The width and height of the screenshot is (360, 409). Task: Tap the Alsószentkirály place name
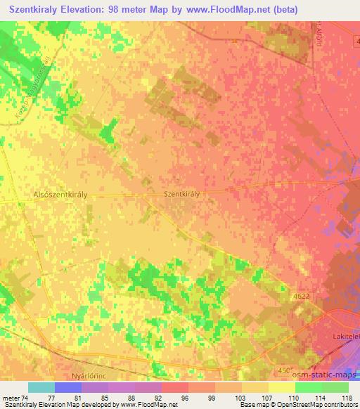[60, 196]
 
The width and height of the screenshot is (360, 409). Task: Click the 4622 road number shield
[302, 297]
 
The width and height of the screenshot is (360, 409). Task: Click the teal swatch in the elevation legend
[41, 387]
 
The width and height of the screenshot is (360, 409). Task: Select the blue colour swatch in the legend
[68, 387]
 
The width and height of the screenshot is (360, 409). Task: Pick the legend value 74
[27, 397]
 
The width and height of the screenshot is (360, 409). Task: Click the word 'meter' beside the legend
[13, 397]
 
